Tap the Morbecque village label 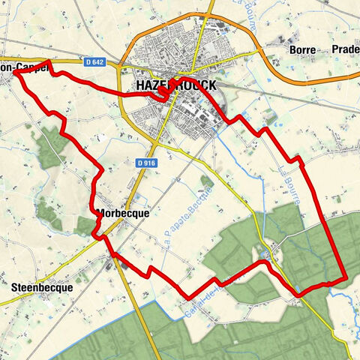[x=123, y=213]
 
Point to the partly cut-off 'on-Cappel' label [x=24, y=67]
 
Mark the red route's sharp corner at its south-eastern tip [x=344, y=279]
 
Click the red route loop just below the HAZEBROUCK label [x=163, y=94]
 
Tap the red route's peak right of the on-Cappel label [x=49, y=62]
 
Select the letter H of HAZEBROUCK [x=141, y=86]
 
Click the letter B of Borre [x=291, y=50]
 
